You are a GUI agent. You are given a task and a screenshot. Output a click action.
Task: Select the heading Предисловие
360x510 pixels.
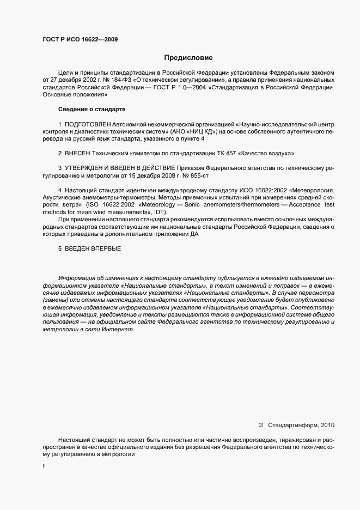[188, 57]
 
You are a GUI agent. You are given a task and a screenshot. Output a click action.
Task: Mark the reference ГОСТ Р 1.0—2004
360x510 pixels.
[178, 87]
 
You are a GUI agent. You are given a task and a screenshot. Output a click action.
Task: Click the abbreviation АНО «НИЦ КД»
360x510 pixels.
[190, 132]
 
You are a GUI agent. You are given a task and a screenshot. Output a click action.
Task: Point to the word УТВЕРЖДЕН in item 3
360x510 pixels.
[88, 169]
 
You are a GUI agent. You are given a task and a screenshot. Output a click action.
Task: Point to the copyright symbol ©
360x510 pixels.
[260, 424]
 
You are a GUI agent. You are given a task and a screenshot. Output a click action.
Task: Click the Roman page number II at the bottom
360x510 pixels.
[44, 466]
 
